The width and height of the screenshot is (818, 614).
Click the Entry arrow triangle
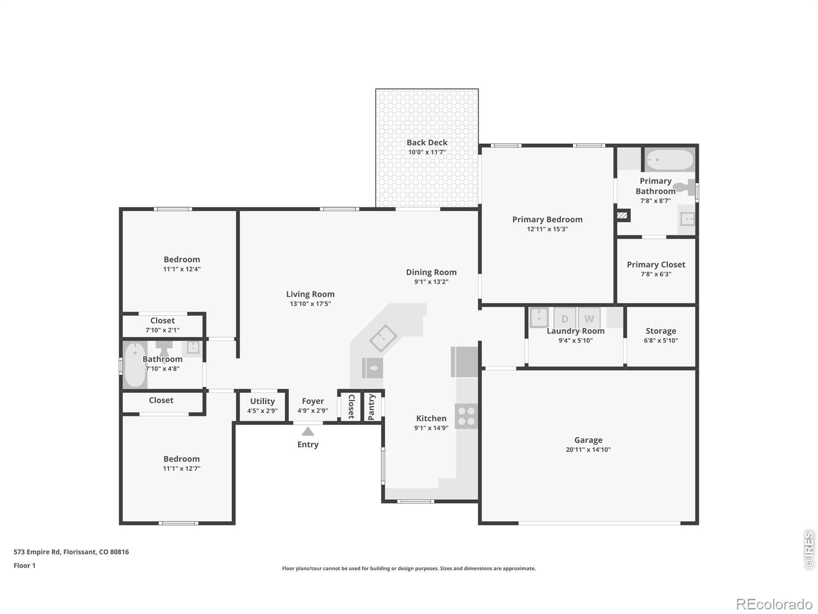307,431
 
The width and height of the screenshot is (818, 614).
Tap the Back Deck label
427,142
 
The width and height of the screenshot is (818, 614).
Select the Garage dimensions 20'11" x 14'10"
588,450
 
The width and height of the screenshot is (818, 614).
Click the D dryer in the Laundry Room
564,318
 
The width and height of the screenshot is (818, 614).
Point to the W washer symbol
589,318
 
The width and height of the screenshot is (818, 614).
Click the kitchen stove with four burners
466,416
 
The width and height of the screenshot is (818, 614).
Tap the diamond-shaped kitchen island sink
383,338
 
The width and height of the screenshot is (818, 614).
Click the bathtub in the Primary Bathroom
669,160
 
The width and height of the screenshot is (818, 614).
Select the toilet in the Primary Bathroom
685,187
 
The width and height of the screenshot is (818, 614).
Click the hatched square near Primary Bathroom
622,215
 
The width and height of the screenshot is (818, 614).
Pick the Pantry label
371,407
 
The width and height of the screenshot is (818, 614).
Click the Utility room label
262,401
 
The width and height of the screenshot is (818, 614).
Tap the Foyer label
313,401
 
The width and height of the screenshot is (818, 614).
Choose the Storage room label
661,331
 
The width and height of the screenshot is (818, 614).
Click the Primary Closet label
656,265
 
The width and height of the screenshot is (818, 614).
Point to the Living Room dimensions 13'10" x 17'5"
310,304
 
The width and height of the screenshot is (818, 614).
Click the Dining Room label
431,272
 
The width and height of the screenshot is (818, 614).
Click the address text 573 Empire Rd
37,552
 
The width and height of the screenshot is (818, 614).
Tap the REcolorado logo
774,604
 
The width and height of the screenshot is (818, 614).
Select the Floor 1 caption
25,565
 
